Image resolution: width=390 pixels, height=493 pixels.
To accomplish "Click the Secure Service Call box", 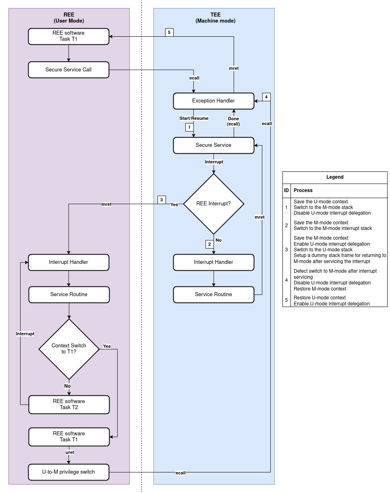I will [68, 70].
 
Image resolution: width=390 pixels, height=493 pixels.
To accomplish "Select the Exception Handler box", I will [214, 101].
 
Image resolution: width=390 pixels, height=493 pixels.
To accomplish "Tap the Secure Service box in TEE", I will [214, 145].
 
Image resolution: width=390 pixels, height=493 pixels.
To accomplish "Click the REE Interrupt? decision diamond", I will [214, 204].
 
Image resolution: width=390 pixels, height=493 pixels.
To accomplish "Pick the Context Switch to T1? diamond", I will [69, 349].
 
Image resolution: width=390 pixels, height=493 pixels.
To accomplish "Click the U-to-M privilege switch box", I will [68, 472].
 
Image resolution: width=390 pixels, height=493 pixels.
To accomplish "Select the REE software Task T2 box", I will [69, 404].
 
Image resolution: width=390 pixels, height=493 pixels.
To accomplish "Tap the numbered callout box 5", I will [170, 33].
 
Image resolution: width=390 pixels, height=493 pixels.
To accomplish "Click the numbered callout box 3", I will [162, 200].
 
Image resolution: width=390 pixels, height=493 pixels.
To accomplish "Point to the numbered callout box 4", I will [266, 97].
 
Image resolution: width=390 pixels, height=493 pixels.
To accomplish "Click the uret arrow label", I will [70, 452].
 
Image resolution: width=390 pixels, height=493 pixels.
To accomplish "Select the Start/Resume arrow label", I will [194, 119].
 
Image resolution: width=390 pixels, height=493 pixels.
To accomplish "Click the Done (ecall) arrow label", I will [233, 121].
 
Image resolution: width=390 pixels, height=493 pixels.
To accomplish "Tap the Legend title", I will [335, 177].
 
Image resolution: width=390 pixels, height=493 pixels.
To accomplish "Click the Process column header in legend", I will [303, 190].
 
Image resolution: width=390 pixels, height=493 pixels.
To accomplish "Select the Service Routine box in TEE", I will [214, 295].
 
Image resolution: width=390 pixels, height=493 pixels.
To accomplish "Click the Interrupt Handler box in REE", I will [68, 262].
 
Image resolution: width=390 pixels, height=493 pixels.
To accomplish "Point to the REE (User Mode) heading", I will [69, 18].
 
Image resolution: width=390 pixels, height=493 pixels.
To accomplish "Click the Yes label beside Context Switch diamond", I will [107, 346].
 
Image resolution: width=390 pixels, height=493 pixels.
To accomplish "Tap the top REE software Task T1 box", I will [68, 36].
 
